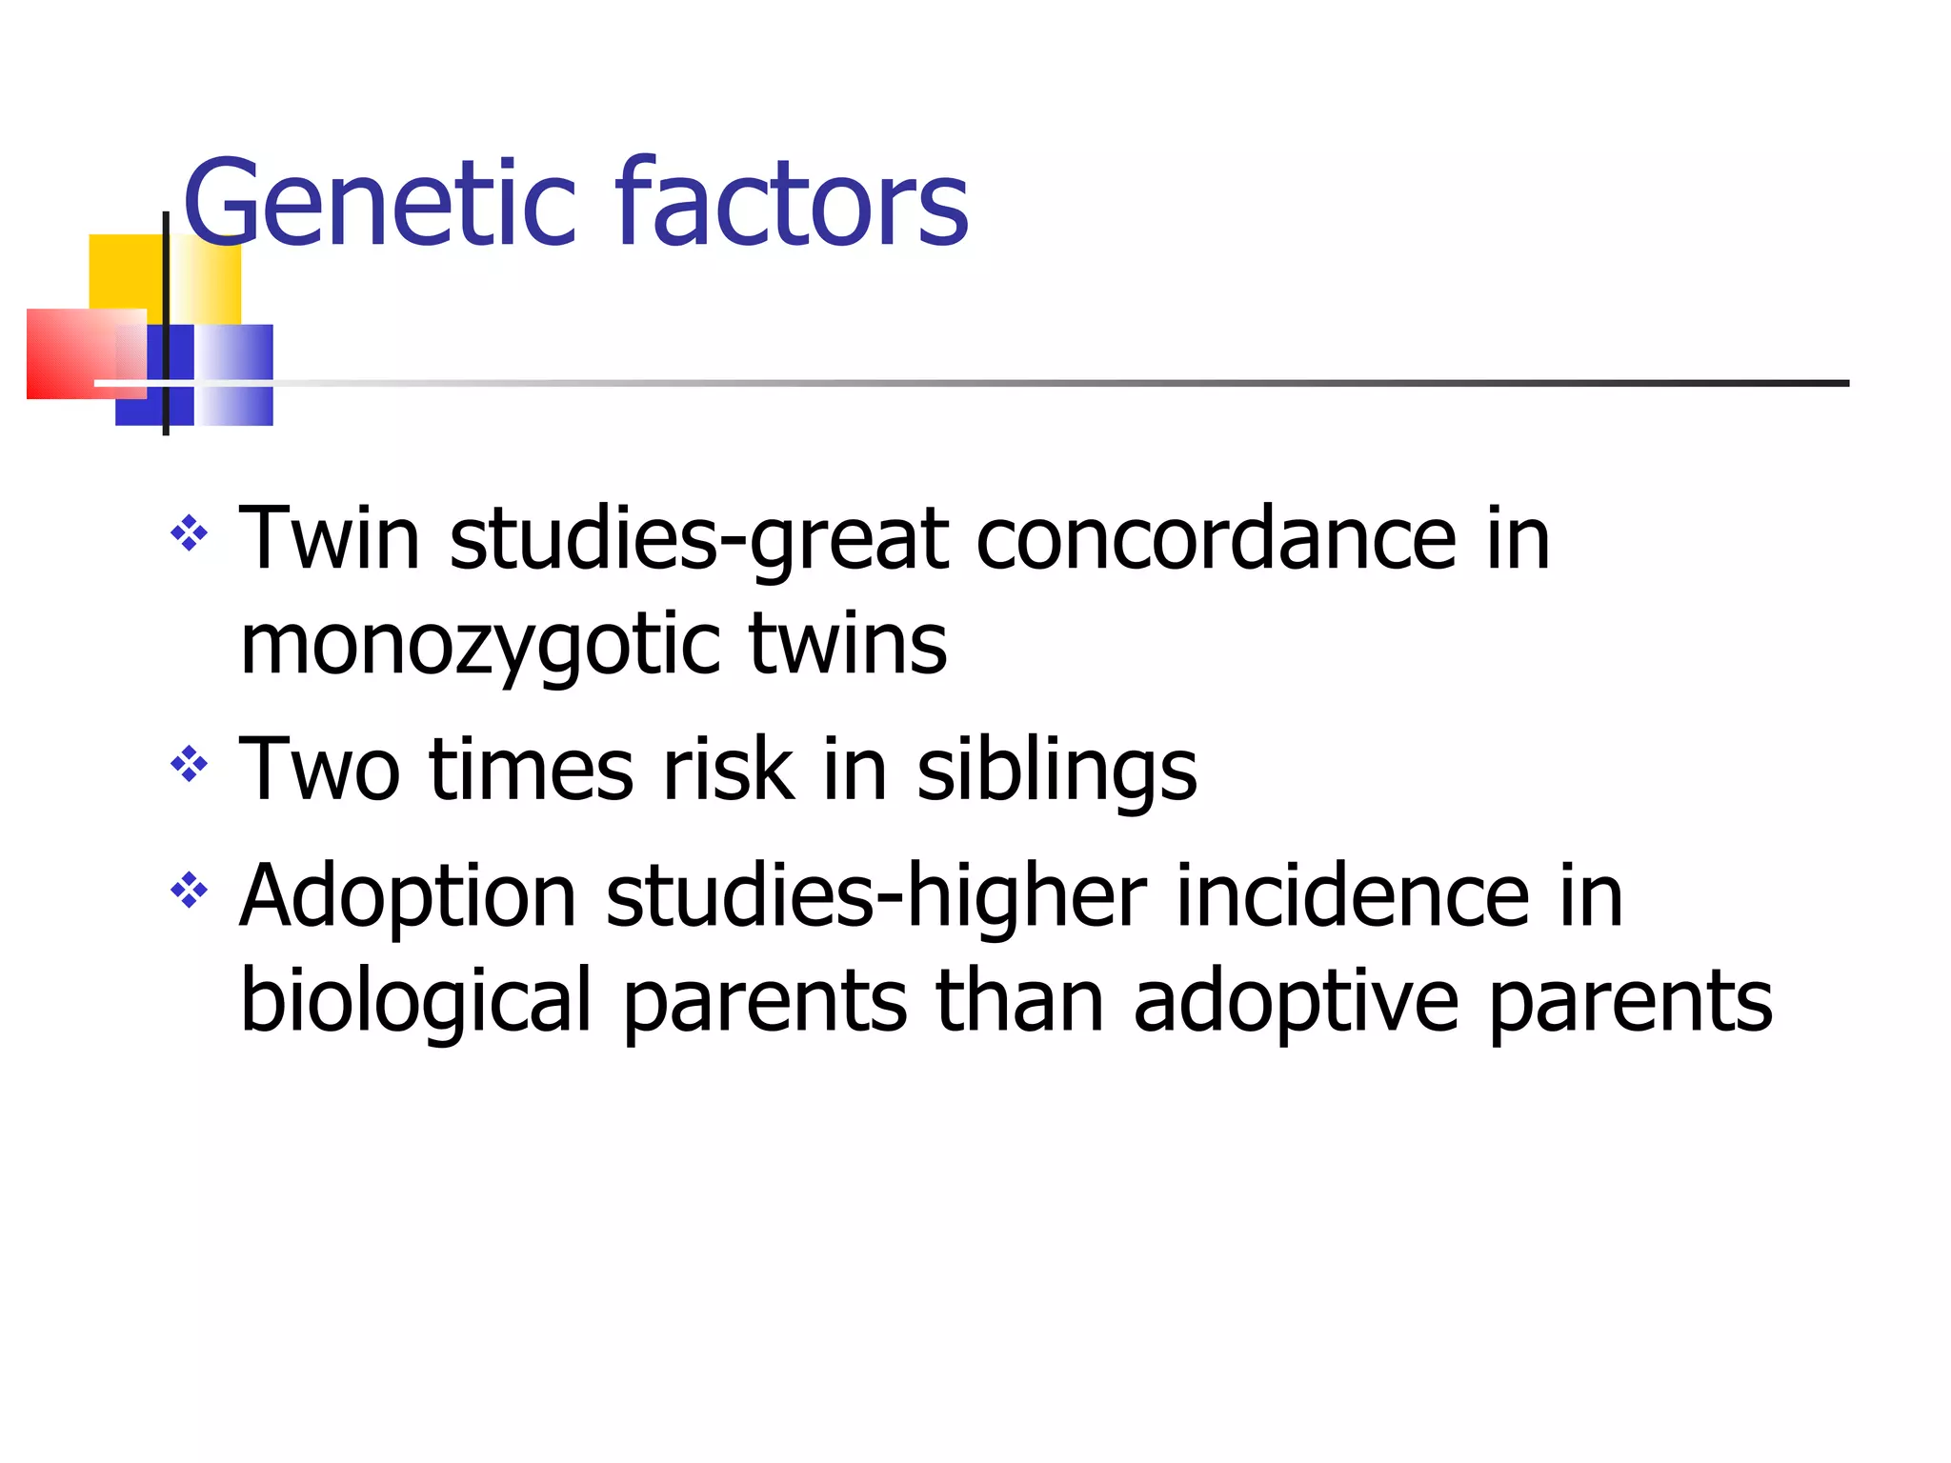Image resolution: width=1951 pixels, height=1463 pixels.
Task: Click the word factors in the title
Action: pos(792,205)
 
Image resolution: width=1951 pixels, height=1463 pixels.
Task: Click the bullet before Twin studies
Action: pos(189,533)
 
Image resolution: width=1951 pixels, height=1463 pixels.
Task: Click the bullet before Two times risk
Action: pos(189,763)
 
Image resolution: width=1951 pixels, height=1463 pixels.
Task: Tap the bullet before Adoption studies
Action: pos(189,892)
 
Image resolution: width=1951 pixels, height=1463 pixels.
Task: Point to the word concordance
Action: pos(1216,541)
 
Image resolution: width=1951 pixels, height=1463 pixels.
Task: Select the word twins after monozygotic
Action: pos(848,646)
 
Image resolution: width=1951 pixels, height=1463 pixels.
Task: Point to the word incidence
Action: pos(1352,897)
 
